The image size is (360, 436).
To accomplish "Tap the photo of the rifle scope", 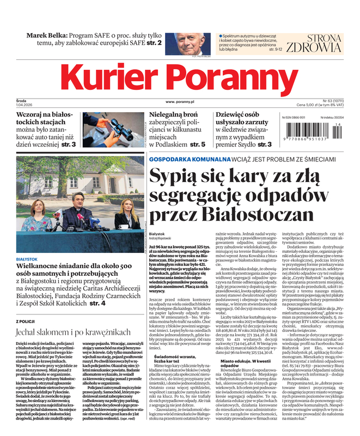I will (x=112, y=130).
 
